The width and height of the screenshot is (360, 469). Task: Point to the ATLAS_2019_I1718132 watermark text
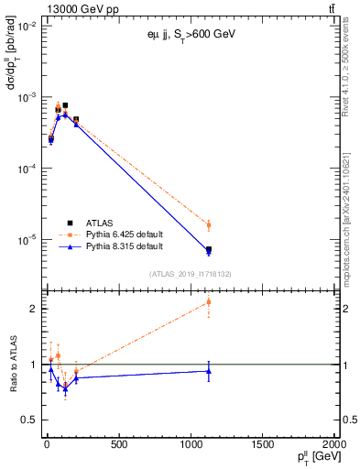(x=191, y=273)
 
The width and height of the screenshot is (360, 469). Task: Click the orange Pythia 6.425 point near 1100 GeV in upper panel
(x=209, y=224)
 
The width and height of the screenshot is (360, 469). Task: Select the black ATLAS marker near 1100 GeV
(x=209, y=249)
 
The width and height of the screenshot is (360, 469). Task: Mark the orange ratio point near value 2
(x=209, y=301)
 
